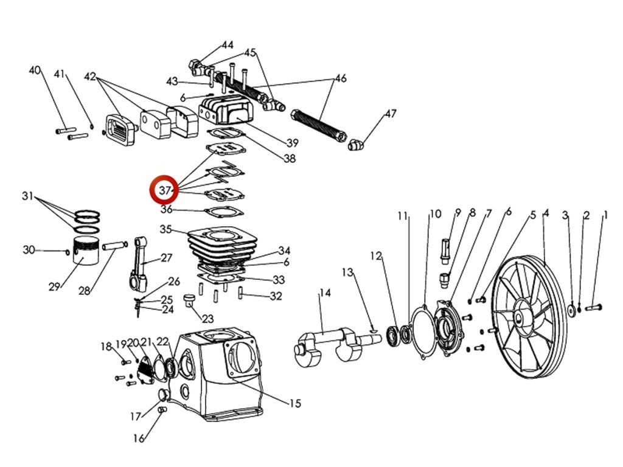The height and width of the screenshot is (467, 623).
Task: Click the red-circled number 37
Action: tap(164, 190)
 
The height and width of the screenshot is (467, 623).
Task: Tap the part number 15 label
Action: tap(295, 404)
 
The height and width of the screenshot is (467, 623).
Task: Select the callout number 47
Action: tap(391, 114)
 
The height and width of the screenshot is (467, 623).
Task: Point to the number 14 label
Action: tap(325, 292)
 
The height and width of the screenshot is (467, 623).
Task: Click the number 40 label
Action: tap(35, 71)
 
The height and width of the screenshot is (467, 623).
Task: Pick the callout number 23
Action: tap(207, 318)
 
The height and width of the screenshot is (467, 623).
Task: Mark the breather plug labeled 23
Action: tap(189, 299)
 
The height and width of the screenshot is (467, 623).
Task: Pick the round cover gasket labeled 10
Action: tap(423, 332)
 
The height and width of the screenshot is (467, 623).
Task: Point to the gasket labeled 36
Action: tap(224, 212)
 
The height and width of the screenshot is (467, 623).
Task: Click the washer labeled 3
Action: tap(572, 310)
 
